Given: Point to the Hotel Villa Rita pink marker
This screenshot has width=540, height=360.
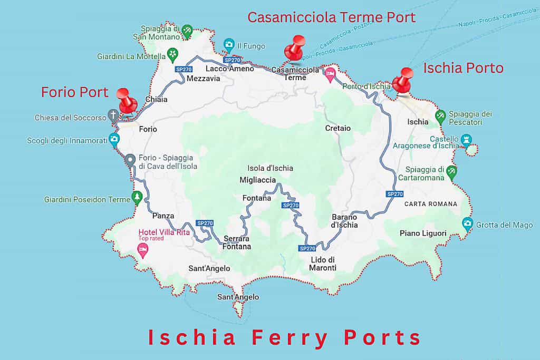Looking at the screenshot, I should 142,250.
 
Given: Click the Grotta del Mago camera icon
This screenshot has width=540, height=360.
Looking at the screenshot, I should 467,223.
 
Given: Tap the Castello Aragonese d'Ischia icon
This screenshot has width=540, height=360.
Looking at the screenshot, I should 466,140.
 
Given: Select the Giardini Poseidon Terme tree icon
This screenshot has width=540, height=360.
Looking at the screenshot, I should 137,198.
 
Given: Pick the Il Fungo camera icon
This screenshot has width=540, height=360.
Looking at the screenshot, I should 229,44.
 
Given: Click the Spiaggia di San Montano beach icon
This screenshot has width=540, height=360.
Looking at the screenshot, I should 187,32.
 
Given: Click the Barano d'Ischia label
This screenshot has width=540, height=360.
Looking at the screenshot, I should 344,221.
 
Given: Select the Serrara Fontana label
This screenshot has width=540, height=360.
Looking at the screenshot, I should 237,242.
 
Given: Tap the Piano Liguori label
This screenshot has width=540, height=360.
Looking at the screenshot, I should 423,233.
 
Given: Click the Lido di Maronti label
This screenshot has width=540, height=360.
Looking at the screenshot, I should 324,264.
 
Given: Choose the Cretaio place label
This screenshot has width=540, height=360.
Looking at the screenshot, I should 338,128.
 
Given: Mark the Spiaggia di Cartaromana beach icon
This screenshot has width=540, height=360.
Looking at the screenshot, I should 451,171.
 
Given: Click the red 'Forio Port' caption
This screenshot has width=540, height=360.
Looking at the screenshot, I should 75,92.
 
